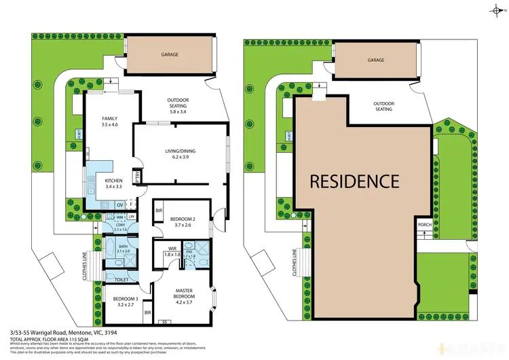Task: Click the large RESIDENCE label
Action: point(354,181)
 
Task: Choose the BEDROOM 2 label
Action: point(183,219)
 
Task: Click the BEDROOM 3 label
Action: point(127,299)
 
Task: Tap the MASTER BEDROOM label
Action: point(184,293)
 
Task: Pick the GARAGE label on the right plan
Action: point(376,60)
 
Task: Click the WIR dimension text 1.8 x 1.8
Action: point(172,255)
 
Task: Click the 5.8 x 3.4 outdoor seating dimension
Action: point(182,111)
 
